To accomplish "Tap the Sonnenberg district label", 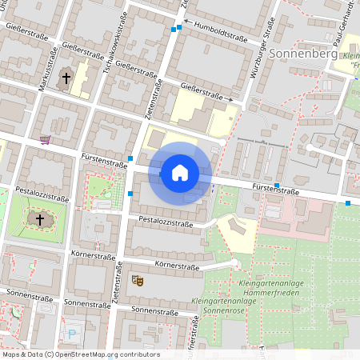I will tap(304, 54).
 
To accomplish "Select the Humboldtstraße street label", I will tap(220, 34).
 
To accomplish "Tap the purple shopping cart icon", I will tap(45, 140).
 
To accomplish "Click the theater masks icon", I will tap(138, 280).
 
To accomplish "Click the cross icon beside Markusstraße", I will tap(66, 78).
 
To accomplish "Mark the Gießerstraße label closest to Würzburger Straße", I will tap(202, 94).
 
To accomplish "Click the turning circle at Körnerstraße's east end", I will tap(234, 263).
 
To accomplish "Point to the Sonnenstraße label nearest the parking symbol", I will tap(86, 304).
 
